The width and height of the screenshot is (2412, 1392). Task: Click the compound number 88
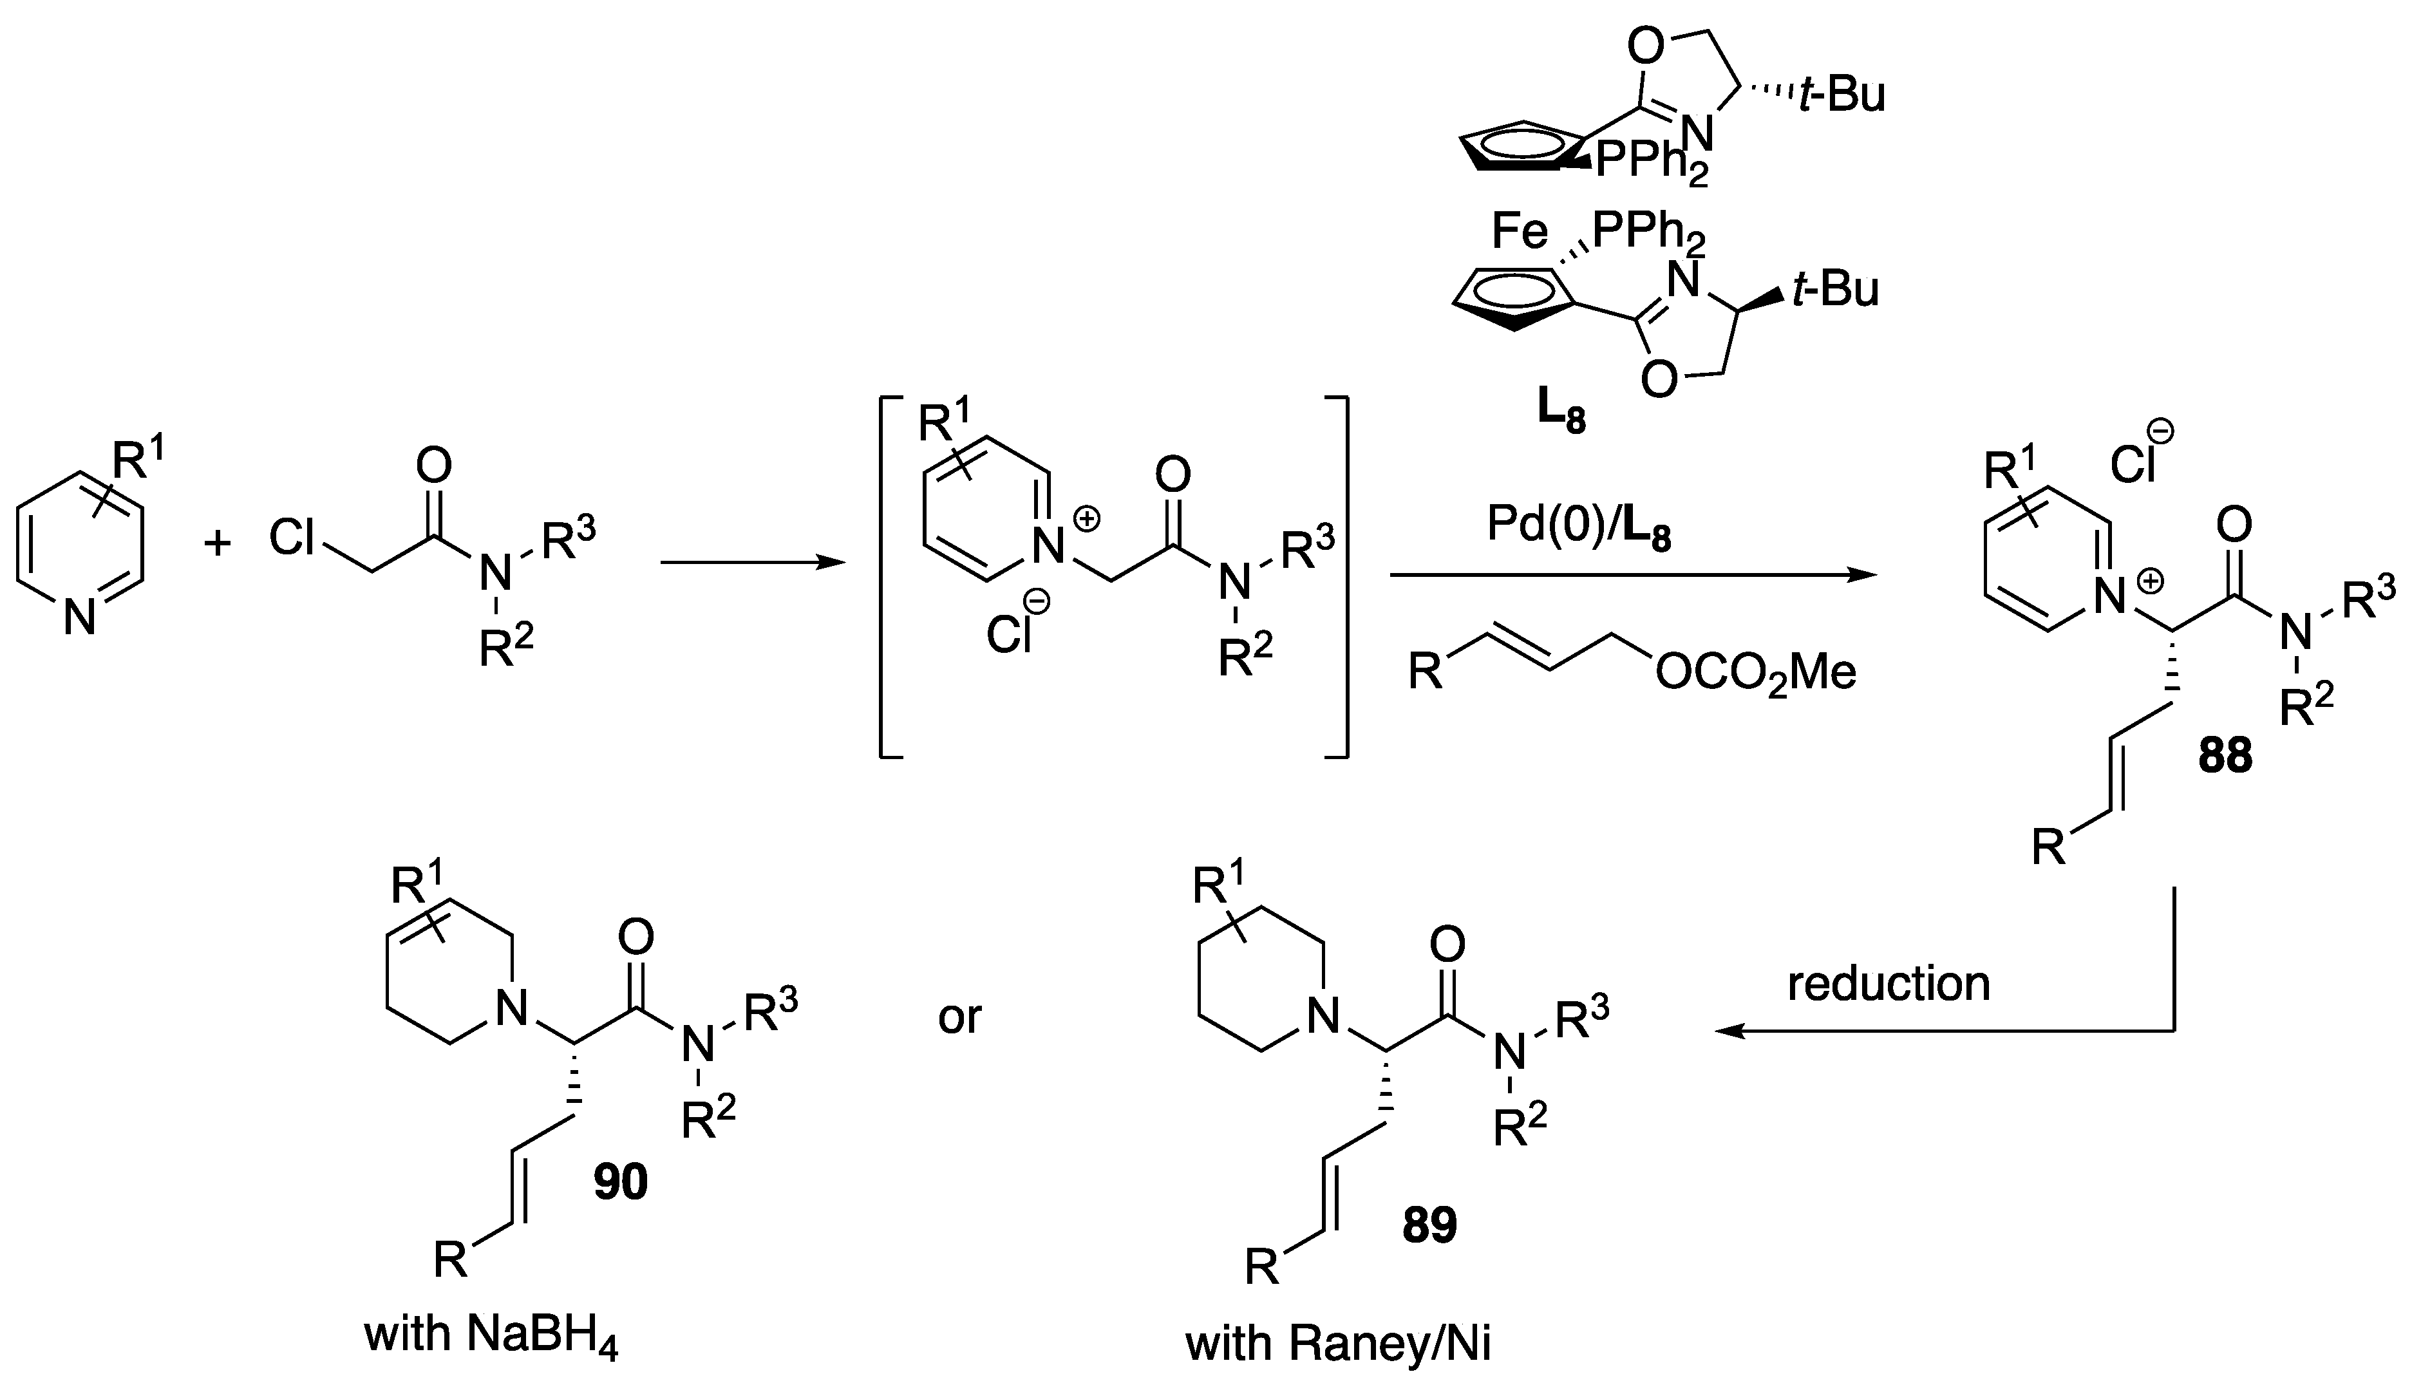tap(2225, 755)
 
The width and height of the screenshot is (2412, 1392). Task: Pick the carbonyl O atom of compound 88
tap(2232, 524)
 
